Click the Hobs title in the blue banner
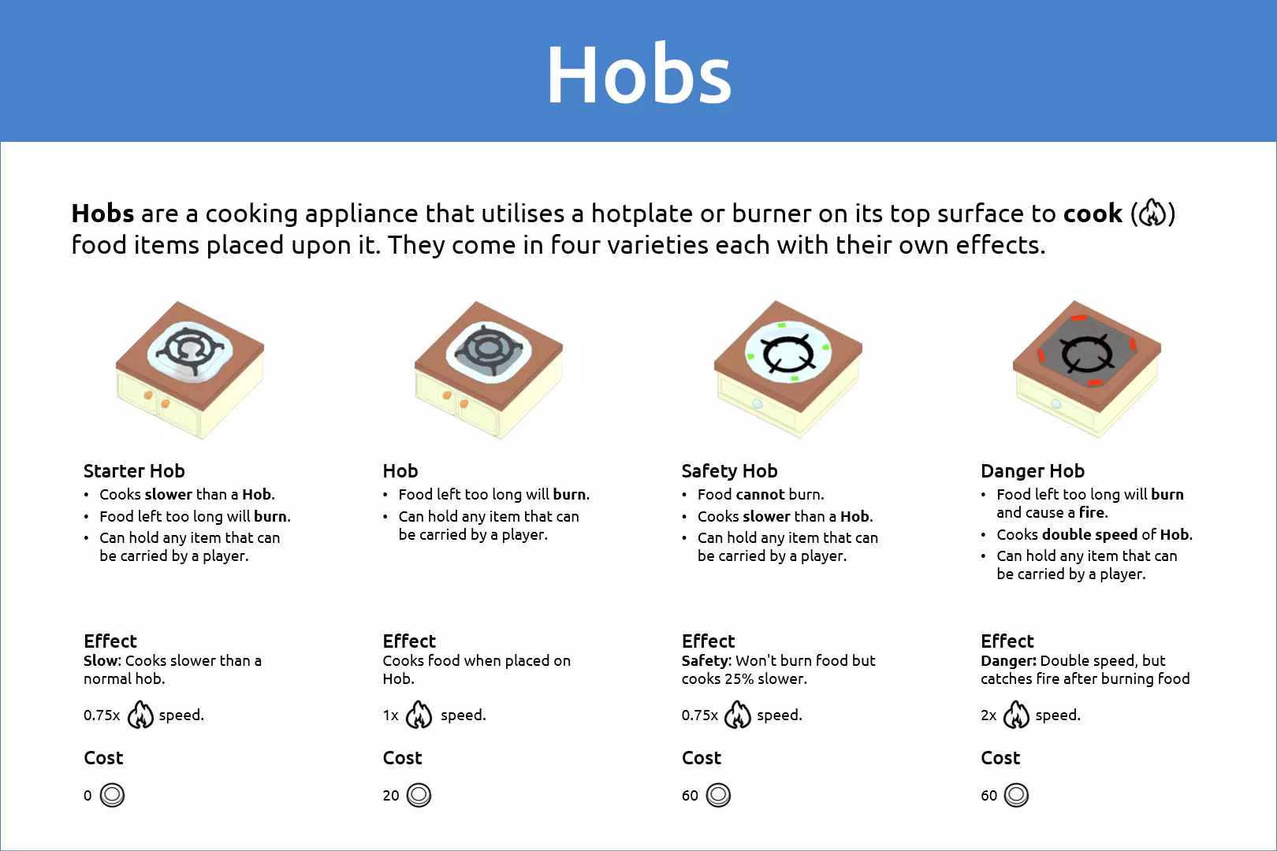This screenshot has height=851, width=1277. click(x=638, y=74)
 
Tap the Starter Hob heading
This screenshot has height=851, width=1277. click(x=134, y=471)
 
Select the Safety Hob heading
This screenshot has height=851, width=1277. click(x=729, y=471)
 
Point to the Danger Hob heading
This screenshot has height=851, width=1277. click(x=1033, y=471)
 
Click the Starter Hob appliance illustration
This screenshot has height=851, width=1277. click(x=190, y=370)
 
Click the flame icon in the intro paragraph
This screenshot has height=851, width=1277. click(x=1152, y=213)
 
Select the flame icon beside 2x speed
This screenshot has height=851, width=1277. click(x=1016, y=714)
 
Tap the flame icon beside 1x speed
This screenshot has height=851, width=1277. click(x=419, y=714)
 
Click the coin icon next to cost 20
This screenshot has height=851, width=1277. click(x=419, y=795)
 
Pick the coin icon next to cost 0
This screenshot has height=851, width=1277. click(x=112, y=795)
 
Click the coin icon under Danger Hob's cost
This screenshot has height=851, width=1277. click(x=1016, y=795)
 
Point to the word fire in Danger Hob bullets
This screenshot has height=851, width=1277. click(x=1092, y=512)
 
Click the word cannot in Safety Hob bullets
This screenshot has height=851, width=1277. click(x=761, y=494)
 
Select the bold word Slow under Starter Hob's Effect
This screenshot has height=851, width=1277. click(x=101, y=660)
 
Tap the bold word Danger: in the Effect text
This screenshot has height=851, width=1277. click(x=1008, y=660)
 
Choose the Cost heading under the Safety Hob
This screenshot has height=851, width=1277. click(x=702, y=757)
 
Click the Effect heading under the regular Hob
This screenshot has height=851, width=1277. click(x=409, y=641)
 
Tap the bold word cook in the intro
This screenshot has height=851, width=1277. click(x=1093, y=214)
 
